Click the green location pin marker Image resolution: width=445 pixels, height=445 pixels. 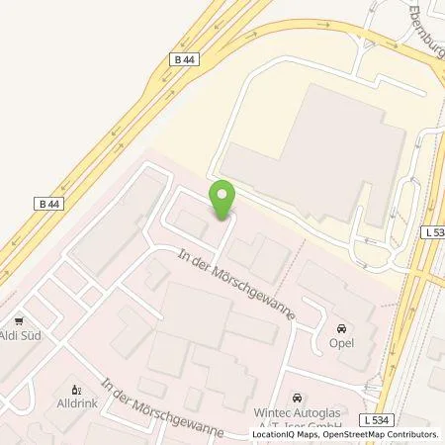(x=222, y=200)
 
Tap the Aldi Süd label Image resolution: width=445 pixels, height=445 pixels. (x=20, y=337)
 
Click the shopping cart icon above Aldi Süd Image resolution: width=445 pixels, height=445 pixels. (x=19, y=321)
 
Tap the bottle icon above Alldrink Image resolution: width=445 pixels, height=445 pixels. (x=73, y=390)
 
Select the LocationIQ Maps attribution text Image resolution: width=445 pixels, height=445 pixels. (x=279, y=434)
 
